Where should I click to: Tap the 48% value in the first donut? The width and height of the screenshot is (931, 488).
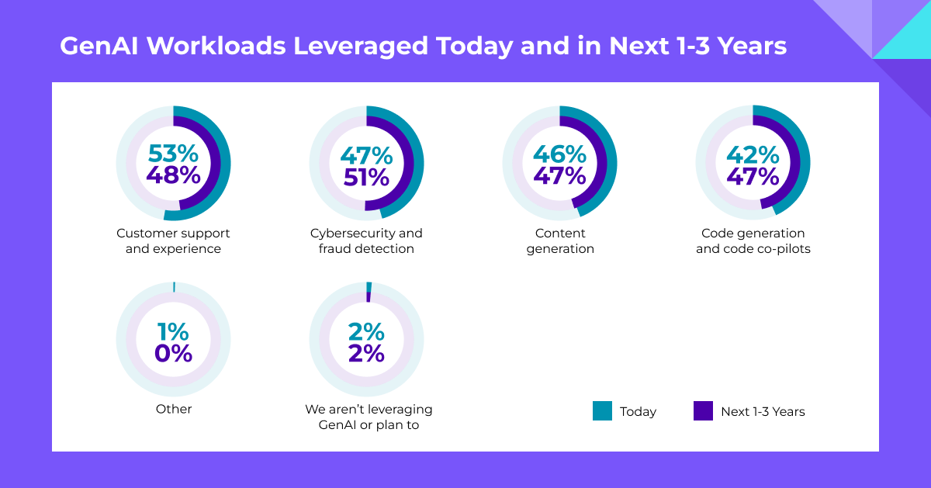pos(174,176)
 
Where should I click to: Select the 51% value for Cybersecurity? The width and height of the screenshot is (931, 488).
pos(366,176)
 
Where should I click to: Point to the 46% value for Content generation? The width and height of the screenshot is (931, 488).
pos(559,154)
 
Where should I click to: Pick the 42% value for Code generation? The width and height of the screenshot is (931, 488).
pos(753,154)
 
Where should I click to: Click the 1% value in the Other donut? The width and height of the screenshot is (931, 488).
pos(174,331)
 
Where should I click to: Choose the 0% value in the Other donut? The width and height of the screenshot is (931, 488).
pos(174,353)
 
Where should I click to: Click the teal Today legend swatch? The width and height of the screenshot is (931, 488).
pos(602,411)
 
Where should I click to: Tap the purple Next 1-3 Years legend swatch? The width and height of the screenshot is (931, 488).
pos(703,411)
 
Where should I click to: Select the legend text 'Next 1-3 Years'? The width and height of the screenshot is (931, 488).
pos(763,412)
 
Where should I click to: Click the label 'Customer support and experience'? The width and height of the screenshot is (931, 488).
pos(174,241)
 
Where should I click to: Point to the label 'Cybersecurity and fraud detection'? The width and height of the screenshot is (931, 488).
pos(366,241)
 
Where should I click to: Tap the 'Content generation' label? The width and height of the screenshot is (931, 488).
pos(560,241)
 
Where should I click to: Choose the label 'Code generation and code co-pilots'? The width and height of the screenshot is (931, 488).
pos(753,241)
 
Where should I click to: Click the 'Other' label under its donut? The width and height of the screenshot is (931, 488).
pos(174,409)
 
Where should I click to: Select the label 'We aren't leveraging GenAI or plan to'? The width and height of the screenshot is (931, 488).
pos(369,417)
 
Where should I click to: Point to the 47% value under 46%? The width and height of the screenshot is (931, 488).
pos(559,176)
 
